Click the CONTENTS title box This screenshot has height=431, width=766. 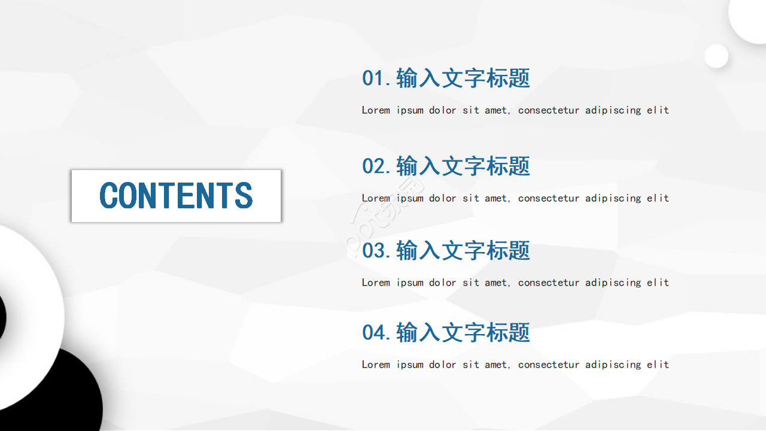(176, 196)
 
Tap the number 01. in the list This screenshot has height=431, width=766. (376, 78)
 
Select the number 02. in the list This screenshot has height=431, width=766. (376, 166)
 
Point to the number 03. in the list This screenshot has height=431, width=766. (376, 250)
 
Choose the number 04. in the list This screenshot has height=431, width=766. (376, 332)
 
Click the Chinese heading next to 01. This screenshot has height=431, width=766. (463, 78)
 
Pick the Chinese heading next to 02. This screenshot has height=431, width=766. (463, 166)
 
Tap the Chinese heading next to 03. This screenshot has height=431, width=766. (463, 250)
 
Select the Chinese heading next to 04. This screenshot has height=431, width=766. (463, 332)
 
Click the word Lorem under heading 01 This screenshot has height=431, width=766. (376, 110)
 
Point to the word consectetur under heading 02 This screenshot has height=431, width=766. (549, 198)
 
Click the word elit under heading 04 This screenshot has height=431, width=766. (658, 365)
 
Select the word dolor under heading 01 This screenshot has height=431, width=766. (442, 110)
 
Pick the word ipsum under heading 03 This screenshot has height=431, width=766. (410, 283)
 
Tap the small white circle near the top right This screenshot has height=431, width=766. (716, 56)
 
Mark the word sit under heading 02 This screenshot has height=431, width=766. (470, 198)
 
